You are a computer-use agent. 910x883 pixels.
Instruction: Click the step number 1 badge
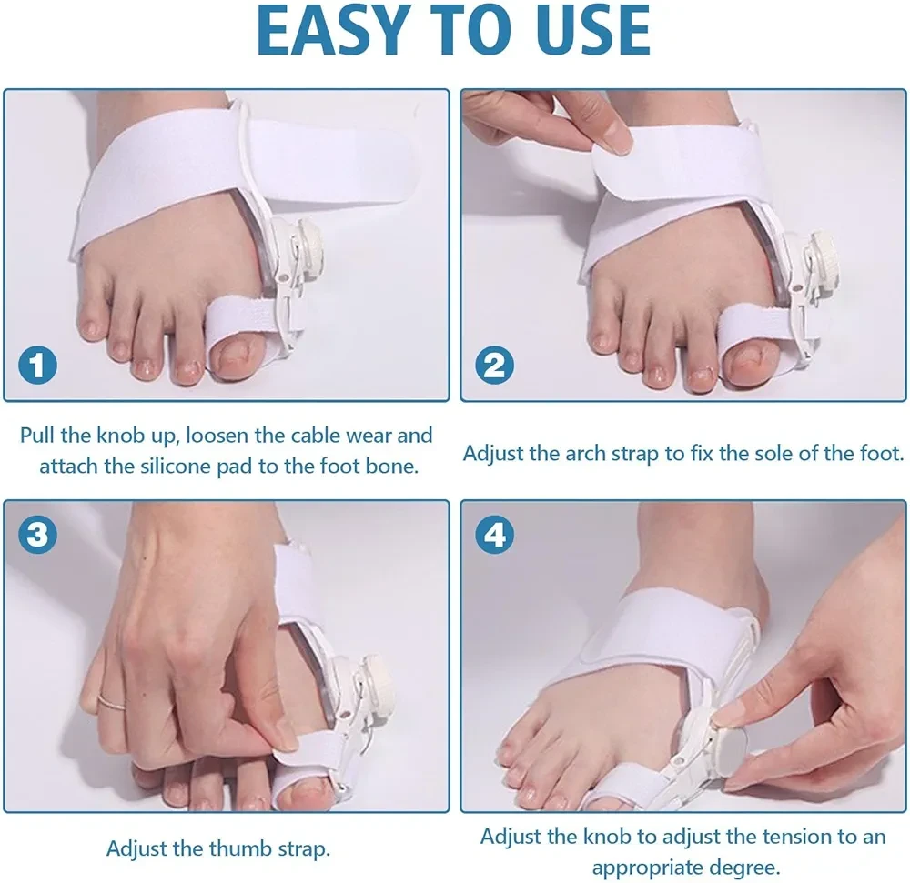[x=37, y=366]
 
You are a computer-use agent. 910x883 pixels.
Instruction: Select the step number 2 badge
[x=494, y=366]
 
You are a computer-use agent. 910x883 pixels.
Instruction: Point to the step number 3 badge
[x=37, y=534]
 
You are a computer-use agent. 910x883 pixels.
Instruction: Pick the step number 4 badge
[x=494, y=534]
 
